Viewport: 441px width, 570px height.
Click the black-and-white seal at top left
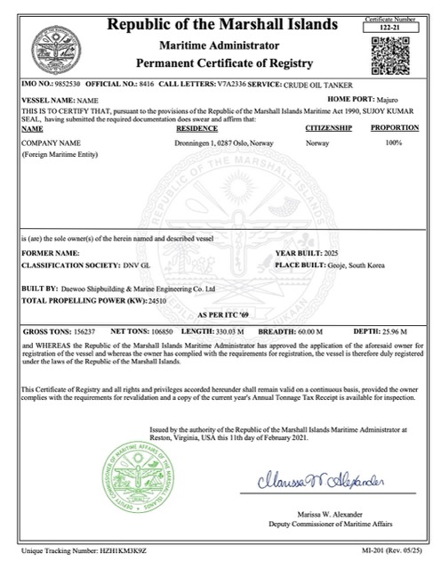(x=51, y=47)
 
